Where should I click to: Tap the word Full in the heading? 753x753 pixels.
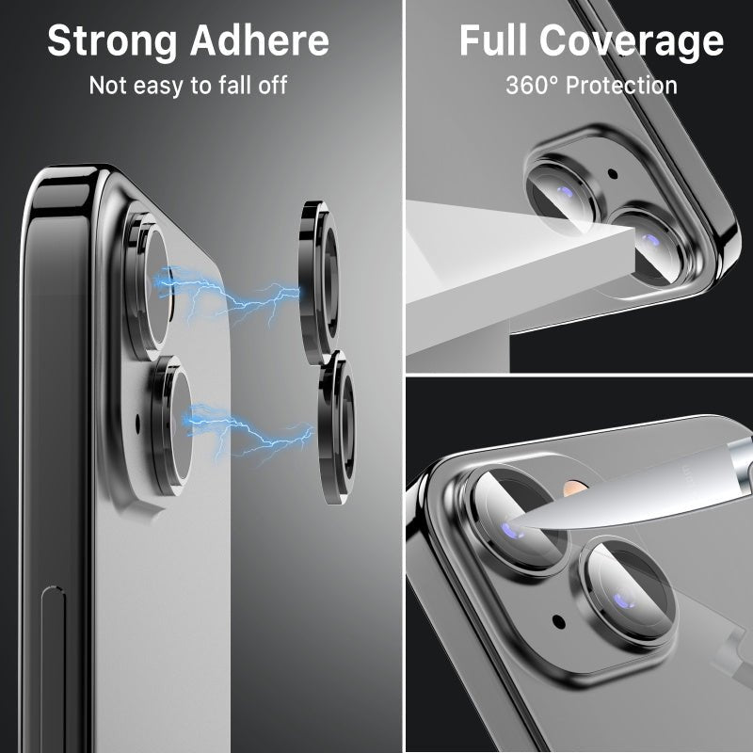493,41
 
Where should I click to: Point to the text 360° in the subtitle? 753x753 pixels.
530,86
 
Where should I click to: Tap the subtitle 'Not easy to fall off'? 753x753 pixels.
187,86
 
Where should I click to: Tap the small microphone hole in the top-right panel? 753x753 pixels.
613,174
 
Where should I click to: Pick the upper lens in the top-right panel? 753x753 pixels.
562,194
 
